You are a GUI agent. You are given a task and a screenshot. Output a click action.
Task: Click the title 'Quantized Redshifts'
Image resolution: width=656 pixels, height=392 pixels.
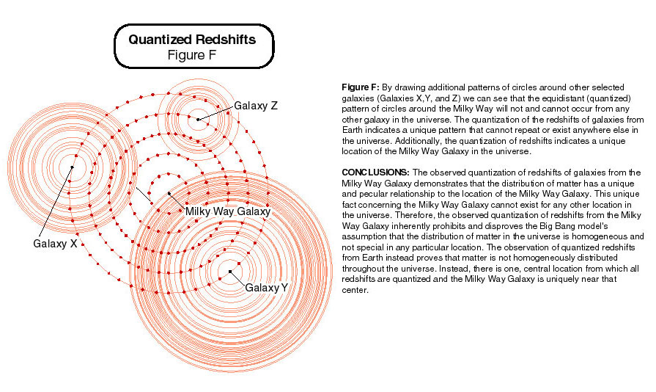coord(192,39)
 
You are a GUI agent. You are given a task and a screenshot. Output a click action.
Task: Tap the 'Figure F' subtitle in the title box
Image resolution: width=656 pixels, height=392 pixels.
coord(193,54)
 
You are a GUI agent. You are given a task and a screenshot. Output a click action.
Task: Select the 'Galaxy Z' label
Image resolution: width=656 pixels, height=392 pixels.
coord(256,106)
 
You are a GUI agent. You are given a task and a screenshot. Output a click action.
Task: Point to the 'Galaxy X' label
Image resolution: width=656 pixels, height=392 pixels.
coord(55,244)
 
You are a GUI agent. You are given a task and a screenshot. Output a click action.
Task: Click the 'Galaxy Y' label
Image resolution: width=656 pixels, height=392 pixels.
coord(266,287)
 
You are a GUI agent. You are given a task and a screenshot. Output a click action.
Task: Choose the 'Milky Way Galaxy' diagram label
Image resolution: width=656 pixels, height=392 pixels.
coord(228,211)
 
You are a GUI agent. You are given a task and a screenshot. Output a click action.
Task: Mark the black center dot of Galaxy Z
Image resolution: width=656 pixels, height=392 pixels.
coord(198,119)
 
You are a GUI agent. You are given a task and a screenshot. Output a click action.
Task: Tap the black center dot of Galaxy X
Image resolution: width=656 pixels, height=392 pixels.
coord(73,167)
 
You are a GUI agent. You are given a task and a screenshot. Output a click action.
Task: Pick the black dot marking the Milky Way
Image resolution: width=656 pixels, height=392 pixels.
coord(169,193)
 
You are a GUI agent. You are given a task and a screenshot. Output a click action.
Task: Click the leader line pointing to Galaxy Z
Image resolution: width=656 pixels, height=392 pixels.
coord(216,112)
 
